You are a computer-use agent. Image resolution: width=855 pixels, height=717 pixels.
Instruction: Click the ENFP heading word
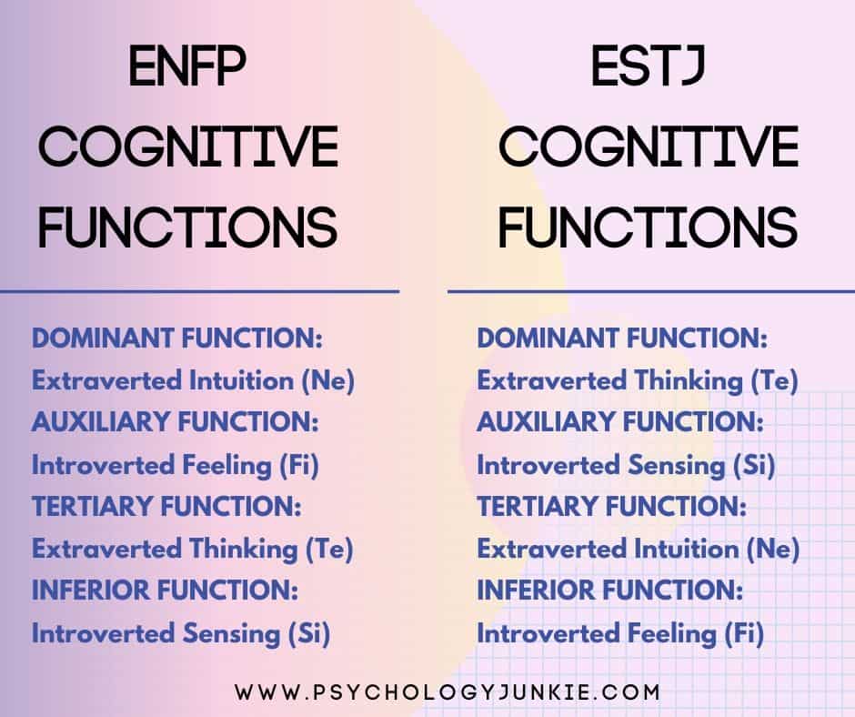coord(187,66)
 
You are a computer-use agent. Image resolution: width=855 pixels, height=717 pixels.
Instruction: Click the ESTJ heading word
coord(649,66)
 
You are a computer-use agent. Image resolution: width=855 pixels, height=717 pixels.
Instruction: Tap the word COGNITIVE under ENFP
coord(188,146)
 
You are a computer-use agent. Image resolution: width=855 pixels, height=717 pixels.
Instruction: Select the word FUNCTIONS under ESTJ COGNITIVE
coord(648,227)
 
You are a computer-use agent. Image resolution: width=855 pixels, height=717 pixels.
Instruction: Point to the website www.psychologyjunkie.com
coord(448,692)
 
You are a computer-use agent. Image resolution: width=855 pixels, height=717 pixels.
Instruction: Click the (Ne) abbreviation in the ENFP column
coord(328,381)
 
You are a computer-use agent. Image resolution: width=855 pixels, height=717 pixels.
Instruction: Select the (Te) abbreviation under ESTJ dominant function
coord(775,381)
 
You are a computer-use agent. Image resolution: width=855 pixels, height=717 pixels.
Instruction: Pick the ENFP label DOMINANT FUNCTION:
coord(177,338)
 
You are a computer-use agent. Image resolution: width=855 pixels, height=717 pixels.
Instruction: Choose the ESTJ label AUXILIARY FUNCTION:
coord(620,422)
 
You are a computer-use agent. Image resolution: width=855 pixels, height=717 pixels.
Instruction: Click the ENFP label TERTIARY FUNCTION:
coord(166,507)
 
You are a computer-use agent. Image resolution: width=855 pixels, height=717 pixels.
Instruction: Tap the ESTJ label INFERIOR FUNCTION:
coord(610,591)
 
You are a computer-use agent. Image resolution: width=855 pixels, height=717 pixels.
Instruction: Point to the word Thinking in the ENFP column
coord(243,550)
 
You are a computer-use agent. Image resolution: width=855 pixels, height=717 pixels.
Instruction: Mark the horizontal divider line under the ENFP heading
coord(199,292)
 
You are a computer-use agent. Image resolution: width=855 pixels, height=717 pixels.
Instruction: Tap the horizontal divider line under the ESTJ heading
coord(651,292)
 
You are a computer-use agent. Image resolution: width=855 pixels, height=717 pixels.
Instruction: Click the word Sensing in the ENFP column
coord(231,634)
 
